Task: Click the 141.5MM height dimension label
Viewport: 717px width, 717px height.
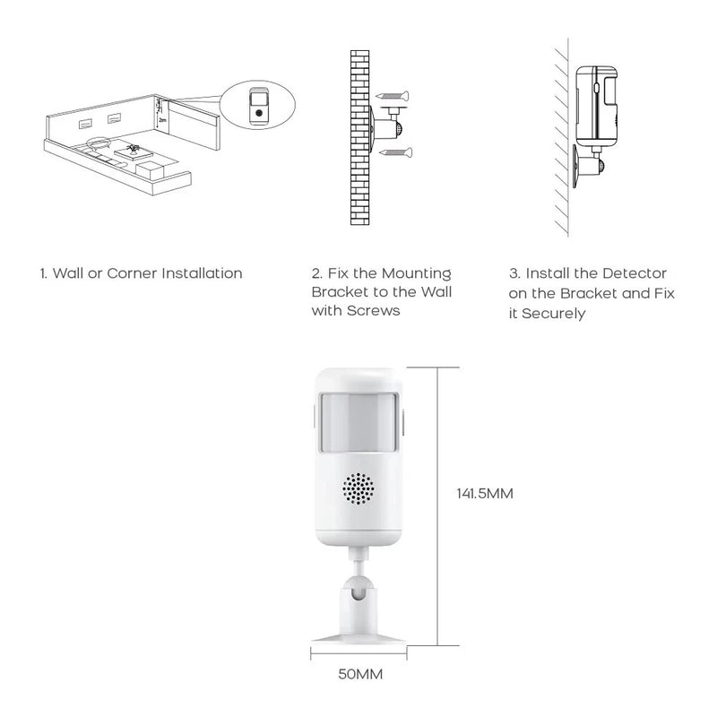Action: point(485,493)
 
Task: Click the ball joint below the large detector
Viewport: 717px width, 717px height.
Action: point(358,592)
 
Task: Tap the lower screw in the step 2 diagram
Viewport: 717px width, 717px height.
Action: point(393,154)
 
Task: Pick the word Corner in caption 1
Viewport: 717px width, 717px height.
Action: point(132,273)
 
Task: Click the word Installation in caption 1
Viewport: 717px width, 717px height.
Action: point(201,273)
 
